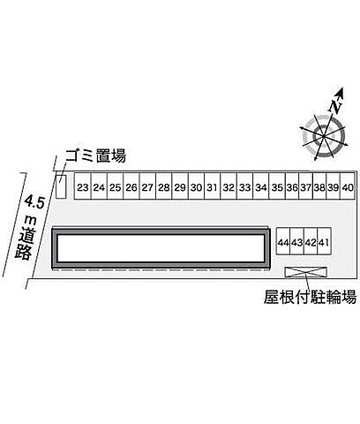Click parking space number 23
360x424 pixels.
tap(83, 186)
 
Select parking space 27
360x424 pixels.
tap(147, 186)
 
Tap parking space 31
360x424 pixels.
tap(212, 186)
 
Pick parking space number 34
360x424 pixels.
tap(261, 186)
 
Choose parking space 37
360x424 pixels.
tap(306, 186)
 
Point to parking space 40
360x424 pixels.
tap(348, 186)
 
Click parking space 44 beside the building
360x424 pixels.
tap(283, 241)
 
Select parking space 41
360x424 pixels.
tap(325, 241)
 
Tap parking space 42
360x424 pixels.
tap(311, 241)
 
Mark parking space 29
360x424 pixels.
tap(180, 186)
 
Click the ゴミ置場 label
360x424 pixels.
tap(96, 155)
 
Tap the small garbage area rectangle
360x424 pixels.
tap(61, 186)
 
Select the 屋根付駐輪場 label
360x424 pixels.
tap(310, 297)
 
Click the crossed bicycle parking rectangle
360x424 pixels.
tap(306, 272)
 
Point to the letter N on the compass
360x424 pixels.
tap(335, 107)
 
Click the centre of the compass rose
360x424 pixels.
tap(324, 136)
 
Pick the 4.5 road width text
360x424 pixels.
tap(34, 201)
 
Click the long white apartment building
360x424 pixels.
tap(161, 248)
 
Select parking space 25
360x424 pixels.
tap(115, 186)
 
